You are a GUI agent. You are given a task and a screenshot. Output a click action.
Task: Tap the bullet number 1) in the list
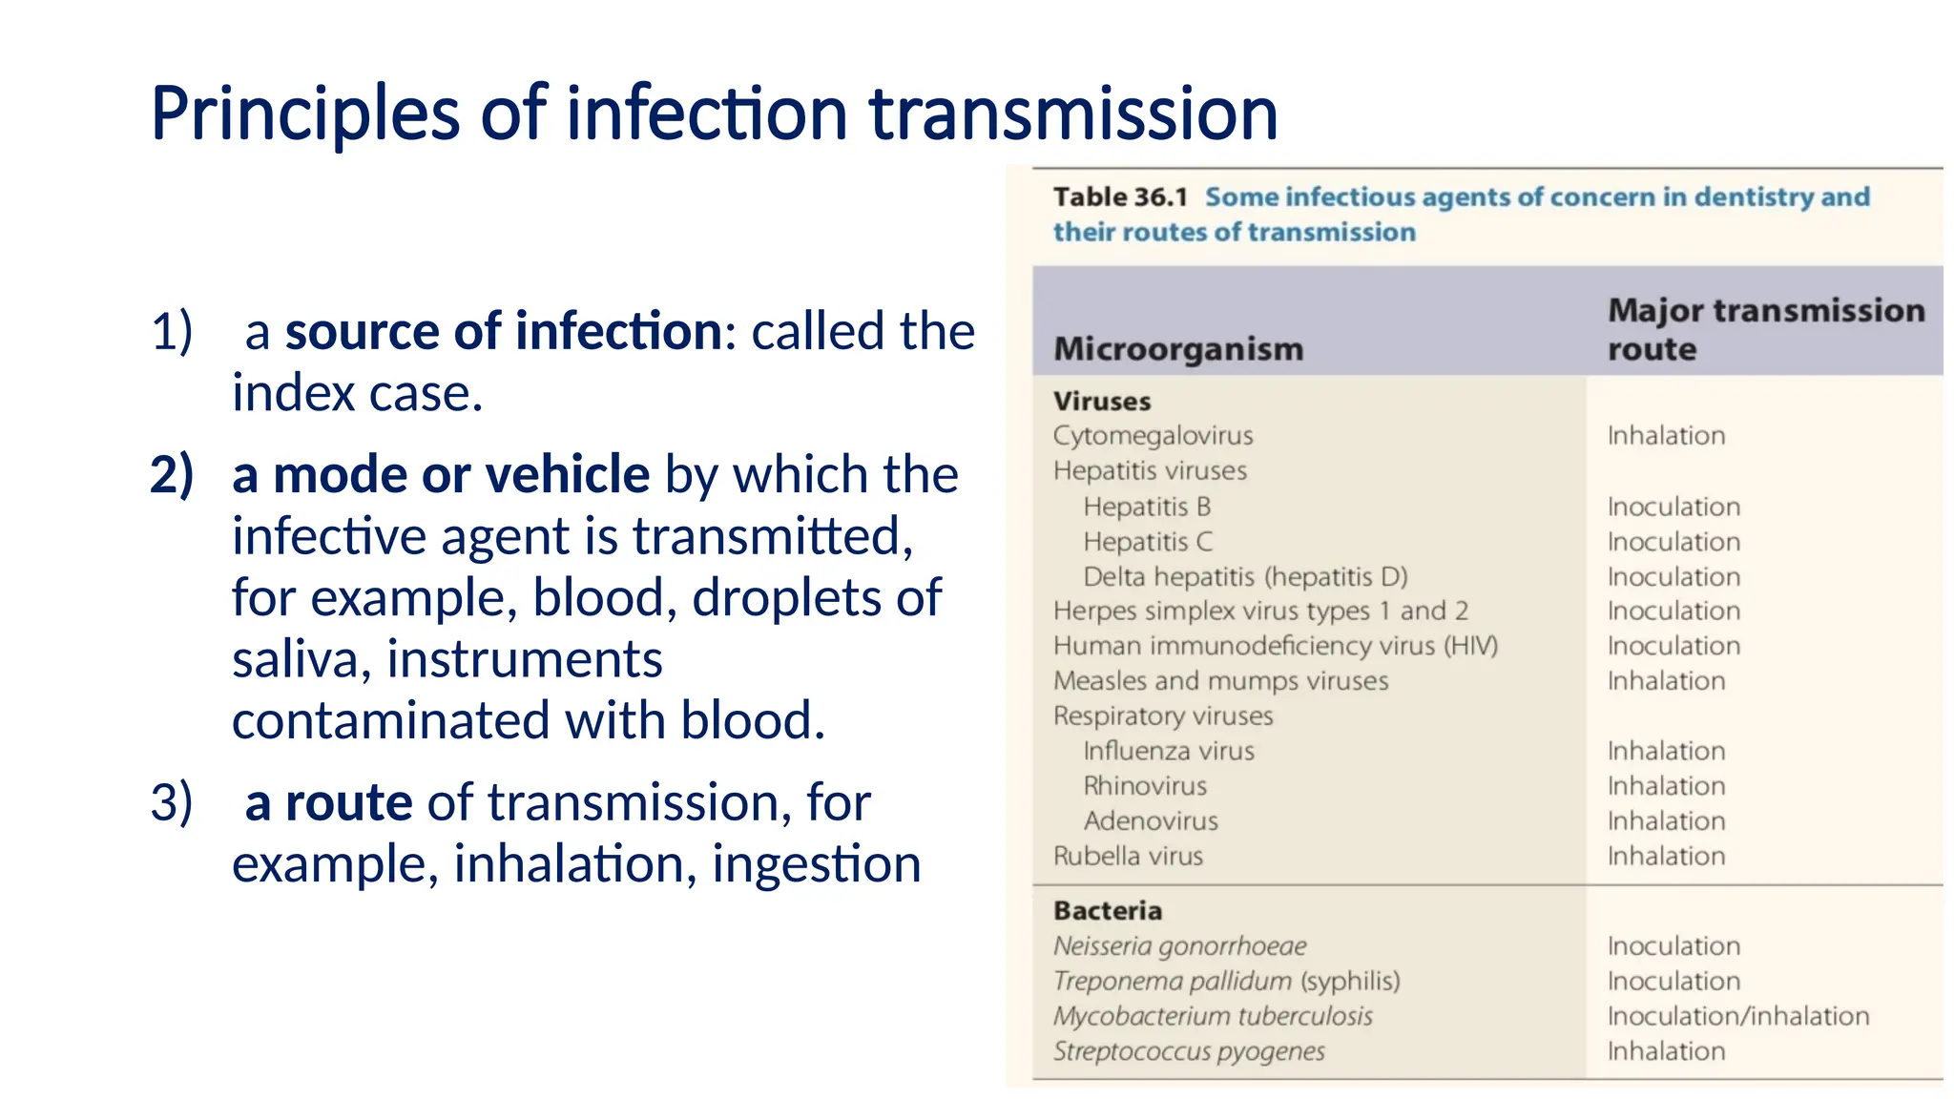click(x=172, y=332)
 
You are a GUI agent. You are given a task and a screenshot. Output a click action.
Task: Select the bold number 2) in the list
click(x=172, y=475)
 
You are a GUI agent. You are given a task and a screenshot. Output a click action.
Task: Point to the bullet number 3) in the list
click(x=172, y=802)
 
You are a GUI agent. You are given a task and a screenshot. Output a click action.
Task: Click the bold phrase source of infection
click(x=504, y=332)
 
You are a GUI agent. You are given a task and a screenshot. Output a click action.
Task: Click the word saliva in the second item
click(x=294, y=660)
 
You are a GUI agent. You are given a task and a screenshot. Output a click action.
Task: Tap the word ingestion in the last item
click(x=817, y=864)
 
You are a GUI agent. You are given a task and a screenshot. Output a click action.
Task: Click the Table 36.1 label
click(x=1120, y=197)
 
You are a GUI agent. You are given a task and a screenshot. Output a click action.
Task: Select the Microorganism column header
click(x=1178, y=349)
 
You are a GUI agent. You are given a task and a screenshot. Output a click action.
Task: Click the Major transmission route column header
click(x=1765, y=329)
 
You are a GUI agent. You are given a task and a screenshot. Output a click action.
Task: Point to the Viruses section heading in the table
click(x=1102, y=402)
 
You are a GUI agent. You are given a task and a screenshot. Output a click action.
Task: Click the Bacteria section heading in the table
click(x=1108, y=911)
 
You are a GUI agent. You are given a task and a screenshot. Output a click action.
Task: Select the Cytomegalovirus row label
click(x=1153, y=436)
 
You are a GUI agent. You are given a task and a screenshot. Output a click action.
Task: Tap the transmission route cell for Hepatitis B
click(x=1673, y=507)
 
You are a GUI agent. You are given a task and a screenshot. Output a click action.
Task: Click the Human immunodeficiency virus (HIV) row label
click(x=1276, y=647)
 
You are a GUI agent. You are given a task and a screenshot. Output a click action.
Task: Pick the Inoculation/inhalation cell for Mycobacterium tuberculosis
click(x=1737, y=1016)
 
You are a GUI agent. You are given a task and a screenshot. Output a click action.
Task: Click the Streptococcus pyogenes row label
click(x=1189, y=1051)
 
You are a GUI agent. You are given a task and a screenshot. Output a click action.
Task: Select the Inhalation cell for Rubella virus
click(x=1666, y=857)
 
